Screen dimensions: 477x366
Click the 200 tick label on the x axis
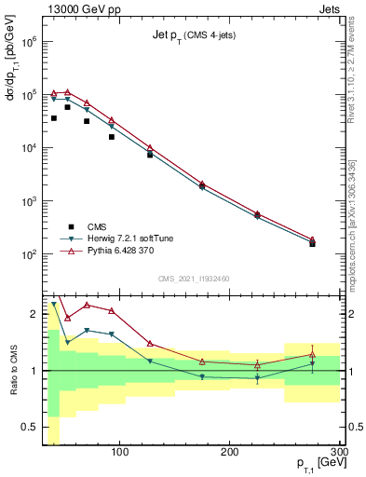(230, 454)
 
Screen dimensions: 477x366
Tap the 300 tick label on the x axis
(338, 454)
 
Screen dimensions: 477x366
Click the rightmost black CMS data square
(313, 243)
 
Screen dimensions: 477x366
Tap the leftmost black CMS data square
(54, 118)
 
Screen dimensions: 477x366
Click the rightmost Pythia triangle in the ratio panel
(313, 354)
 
